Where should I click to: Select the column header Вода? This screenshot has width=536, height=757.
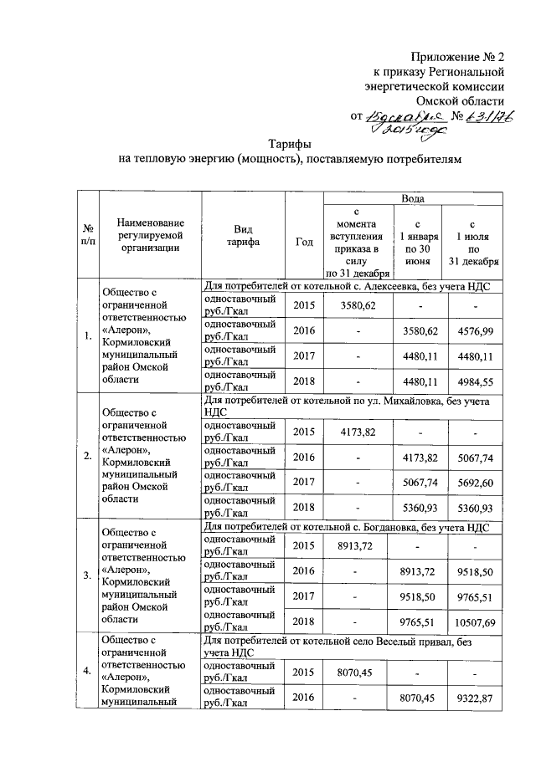point(413,199)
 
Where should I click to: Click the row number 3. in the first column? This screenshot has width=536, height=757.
point(88,575)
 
